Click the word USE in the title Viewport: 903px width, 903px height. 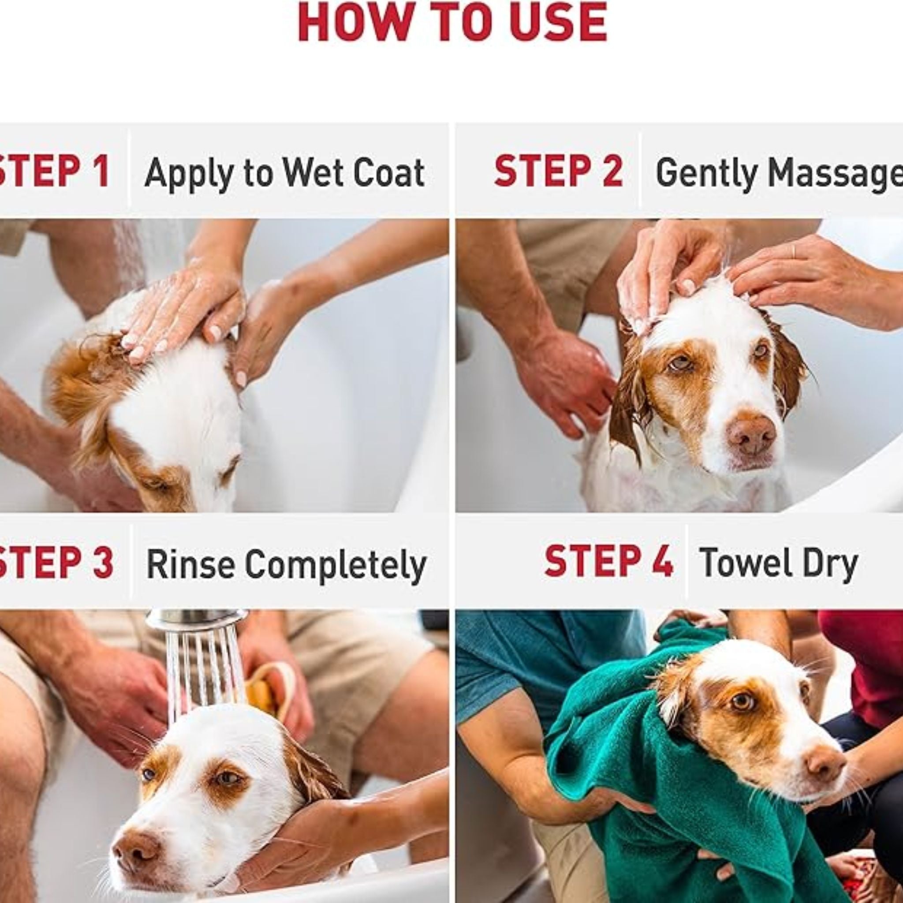(x=559, y=22)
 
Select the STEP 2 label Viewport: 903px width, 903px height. (x=559, y=171)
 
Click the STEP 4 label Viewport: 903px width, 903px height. (x=608, y=560)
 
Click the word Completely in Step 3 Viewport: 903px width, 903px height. (x=336, y=565)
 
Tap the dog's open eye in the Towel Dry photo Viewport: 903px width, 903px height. (x=742, y=701)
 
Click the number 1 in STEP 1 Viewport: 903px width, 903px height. (x=101, y=171)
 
